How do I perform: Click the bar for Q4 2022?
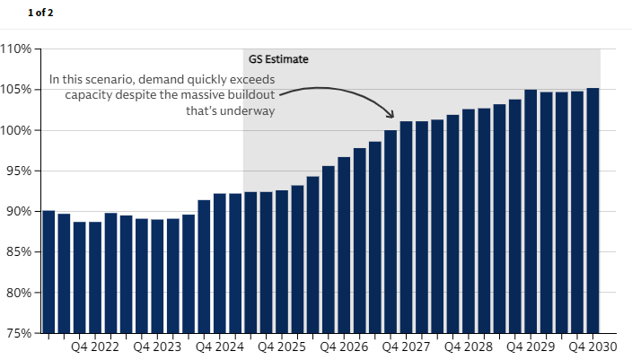point(95,277)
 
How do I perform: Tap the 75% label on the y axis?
point(18,333)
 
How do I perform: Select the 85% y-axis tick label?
point(18,252)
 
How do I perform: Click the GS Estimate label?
point(278,59)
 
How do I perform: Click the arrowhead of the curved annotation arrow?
point(391,115)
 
